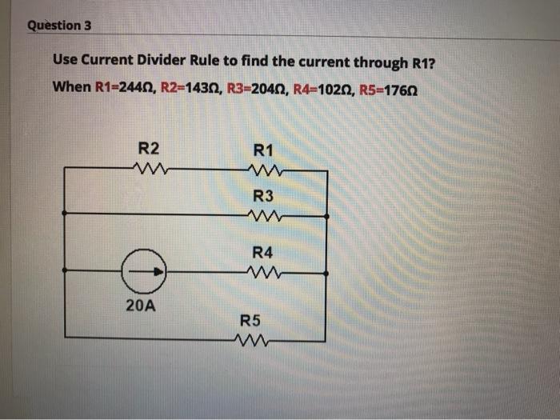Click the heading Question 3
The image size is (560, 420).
tap(60, 25)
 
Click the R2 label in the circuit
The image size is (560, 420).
tap(149, 148)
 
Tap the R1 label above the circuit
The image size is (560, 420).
tap(263, 150)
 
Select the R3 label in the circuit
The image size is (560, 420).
tap(263, 196)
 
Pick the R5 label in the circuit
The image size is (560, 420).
tap(250, 322)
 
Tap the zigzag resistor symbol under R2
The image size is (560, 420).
tap(150, 168)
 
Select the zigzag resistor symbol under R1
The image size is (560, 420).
tap(263, 170)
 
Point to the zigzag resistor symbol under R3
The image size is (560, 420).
tap(263, 214)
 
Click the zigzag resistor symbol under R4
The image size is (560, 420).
tap(263, 272)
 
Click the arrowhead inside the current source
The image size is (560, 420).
tap(159, 273)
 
